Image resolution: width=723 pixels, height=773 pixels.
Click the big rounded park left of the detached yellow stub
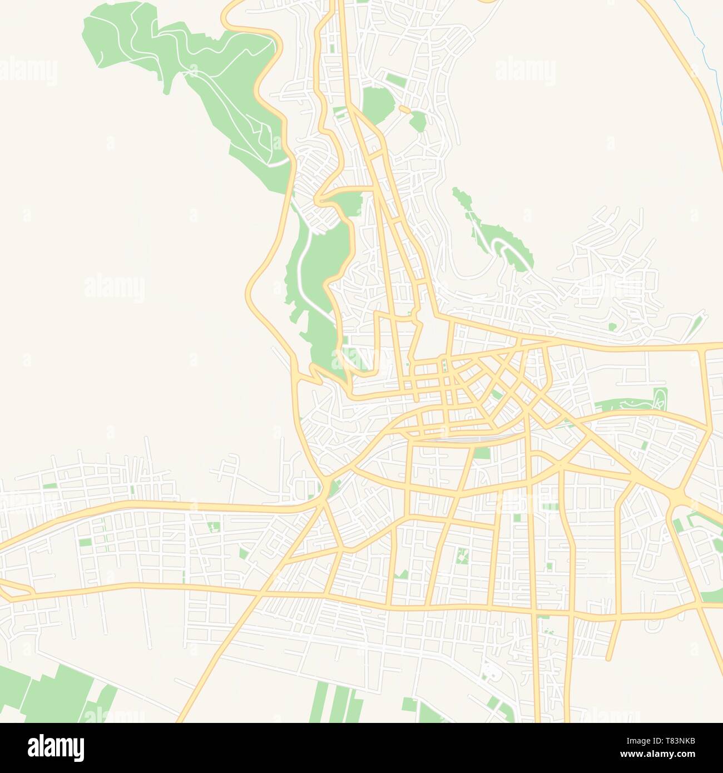point(377,105)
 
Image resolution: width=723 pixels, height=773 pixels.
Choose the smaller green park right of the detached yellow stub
point(418,121)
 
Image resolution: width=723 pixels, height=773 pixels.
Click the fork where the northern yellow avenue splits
point(351,108)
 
